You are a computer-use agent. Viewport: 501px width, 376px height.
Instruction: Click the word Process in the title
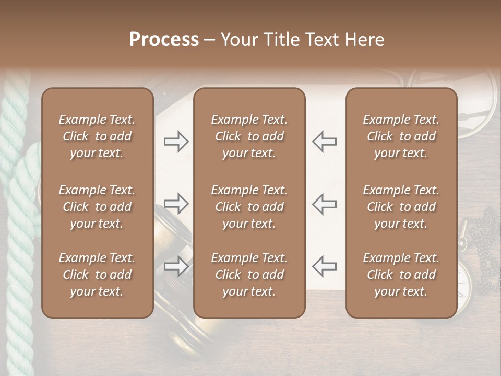coord(164,40)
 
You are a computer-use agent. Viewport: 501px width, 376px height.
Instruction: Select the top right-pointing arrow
coord(176,142)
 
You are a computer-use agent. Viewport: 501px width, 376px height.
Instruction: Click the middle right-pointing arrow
coord(176,203)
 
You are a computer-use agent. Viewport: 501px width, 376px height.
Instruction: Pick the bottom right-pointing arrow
coord(176,266)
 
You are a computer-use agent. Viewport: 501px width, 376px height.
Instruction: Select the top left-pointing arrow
coord(325,142)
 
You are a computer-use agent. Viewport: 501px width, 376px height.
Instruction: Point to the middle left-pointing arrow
coord(325,203)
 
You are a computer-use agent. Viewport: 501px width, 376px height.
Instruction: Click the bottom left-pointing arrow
coord(325,266)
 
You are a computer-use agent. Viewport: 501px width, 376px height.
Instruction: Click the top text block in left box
coord(97,136)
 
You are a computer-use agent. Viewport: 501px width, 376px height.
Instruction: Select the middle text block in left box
coord(97,207)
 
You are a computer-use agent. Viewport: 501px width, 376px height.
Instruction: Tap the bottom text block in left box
coord(97,275)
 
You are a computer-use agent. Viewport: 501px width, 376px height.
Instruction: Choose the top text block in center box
coord(249,136)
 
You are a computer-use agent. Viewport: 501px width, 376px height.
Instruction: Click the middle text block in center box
coord(249,207)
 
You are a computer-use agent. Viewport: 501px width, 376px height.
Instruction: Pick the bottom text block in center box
coord(249,275)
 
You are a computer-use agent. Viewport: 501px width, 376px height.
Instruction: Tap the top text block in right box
coord(401,136)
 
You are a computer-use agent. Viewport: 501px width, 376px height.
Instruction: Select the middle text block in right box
coord(401,207)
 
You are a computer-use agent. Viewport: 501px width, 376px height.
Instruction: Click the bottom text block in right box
coord(401,275)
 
